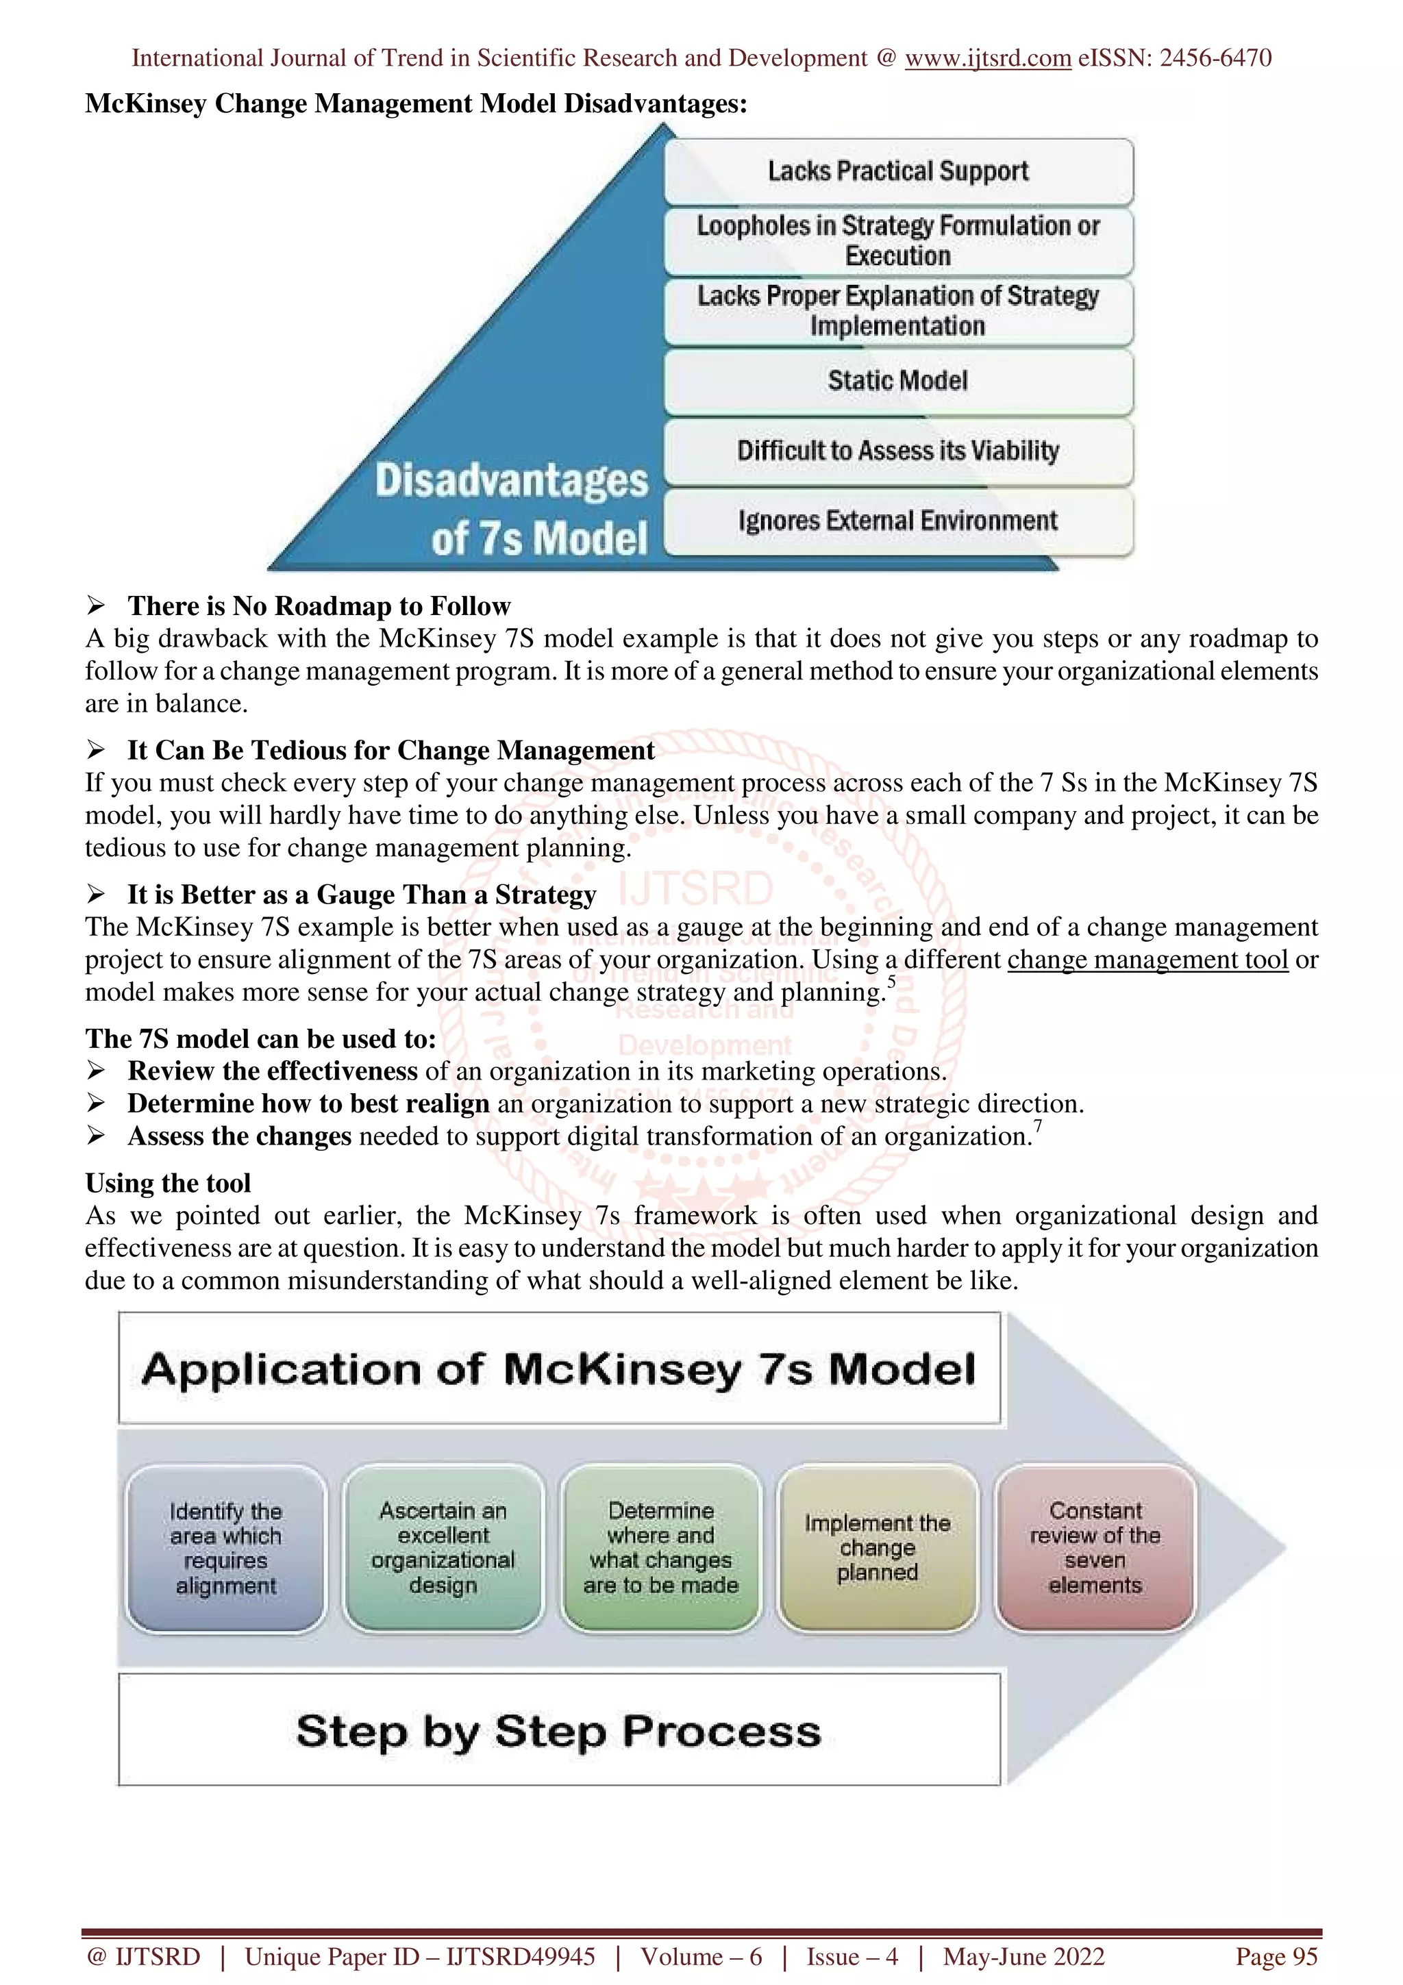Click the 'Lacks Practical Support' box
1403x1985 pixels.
898,171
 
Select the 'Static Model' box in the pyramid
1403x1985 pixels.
898,380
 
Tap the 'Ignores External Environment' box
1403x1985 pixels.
898,521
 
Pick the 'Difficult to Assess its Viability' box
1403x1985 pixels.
898,451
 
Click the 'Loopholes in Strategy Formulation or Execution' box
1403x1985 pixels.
898,240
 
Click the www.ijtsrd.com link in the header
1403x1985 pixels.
987,58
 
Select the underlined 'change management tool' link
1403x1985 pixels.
1147,960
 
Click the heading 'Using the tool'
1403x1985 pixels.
168,1183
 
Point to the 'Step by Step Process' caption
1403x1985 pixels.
558,1731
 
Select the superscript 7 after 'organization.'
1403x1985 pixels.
1038,1125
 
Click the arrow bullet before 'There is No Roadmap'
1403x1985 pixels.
96,606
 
